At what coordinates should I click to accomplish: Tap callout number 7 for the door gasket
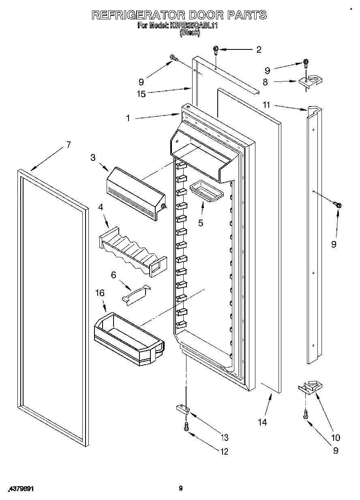click(69, 145)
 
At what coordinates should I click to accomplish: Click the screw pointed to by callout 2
click(216, 50)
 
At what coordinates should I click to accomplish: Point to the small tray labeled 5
click(206, 190)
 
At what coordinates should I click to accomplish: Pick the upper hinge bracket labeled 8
click(311, 81)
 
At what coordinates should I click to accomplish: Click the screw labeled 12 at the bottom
click(186, 426)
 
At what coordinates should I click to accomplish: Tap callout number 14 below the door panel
click(262, 422)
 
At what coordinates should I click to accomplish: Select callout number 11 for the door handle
click(266, 105)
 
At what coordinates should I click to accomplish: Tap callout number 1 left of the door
click(128, 118)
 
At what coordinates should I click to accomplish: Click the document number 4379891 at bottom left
click(20, 489)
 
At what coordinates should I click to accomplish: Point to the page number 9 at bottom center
click(181, 489)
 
